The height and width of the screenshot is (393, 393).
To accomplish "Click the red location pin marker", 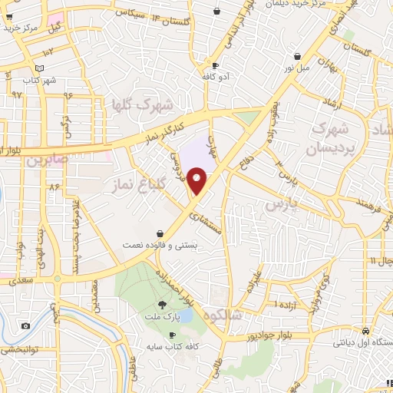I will [x=197, y=180].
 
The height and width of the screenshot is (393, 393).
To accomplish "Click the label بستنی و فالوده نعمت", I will [x=160, y=246].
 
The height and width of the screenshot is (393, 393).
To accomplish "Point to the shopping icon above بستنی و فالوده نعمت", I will [x=160, y=233].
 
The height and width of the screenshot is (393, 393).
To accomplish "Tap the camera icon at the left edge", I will [x=25, y=326].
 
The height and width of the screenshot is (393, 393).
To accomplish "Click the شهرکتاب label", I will [x=40, y=80].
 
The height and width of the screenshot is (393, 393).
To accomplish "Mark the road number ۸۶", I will [x=54, y=187].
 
